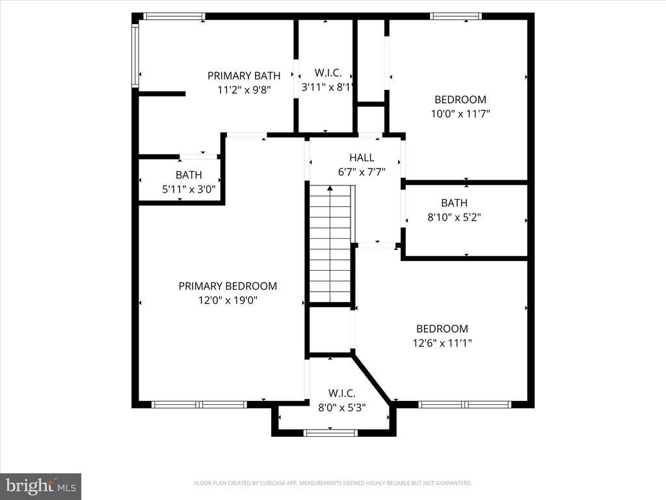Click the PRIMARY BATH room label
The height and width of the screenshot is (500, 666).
click(x=244, y=76)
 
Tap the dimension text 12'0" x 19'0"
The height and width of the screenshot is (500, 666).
click(x=228, y=300)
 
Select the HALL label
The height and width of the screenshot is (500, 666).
click(x=362, y=158)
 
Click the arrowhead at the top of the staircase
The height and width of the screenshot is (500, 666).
click(x=330, y=189)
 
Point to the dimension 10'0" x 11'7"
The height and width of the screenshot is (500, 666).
click(x=460, y=113)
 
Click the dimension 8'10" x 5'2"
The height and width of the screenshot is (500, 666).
click(x=454, y=217)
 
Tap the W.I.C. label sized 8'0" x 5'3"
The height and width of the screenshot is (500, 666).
click(x=341, y=393)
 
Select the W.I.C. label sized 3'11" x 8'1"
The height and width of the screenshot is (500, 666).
click(x=328, y=73)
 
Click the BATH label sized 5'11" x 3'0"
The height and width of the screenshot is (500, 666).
click(x=189, y=175)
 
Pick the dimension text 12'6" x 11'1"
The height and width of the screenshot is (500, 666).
click(x=442, y=343)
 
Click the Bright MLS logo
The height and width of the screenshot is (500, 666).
click(x=40, y=486)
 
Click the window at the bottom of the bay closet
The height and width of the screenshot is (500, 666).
click(x=330, y=432)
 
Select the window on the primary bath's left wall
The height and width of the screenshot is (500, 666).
click(x=135, y=55)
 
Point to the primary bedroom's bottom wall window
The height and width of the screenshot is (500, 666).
click(x=199, y=404)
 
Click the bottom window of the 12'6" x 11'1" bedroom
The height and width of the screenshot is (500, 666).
click(x=464, y=404)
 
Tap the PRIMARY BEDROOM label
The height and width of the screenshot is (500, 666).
click(x=228, y=286)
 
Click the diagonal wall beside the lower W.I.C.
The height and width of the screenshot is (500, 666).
click(x=372, y=379)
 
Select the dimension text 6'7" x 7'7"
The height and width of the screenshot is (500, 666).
click(x=362, y=172)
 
